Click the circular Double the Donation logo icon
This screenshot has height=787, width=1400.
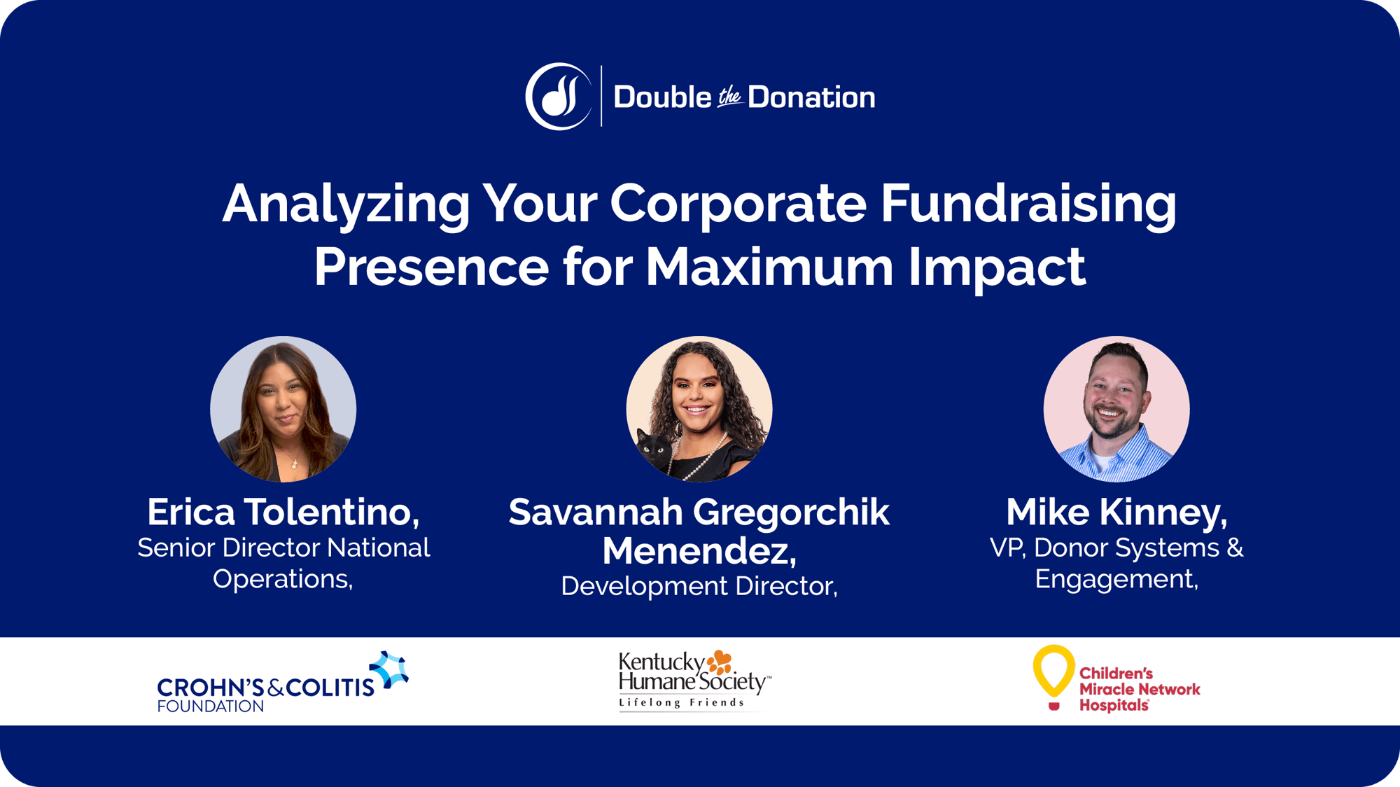[559, 97]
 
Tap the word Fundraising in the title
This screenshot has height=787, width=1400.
[1028, 204]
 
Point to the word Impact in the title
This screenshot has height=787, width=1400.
[997, 267]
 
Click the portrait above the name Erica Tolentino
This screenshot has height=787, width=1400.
[283, 409]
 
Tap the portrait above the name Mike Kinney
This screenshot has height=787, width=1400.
[1116, 409]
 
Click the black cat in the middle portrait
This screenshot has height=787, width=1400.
[654, 452]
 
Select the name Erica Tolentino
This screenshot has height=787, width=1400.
[283, 512]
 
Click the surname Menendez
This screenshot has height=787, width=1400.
[699, 551]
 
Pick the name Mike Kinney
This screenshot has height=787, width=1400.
[1116, 512]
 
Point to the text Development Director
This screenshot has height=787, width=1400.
[699, 586]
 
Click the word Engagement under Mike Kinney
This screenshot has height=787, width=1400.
[1116, 579]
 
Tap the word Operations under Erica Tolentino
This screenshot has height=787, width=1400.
[282, 579]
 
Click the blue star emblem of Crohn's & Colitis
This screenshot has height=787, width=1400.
[390, 669]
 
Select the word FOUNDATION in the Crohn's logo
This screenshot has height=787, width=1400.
[210, 706]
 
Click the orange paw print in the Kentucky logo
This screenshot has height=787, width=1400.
[720, 662]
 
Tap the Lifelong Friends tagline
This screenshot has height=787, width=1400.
[681, 702]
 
